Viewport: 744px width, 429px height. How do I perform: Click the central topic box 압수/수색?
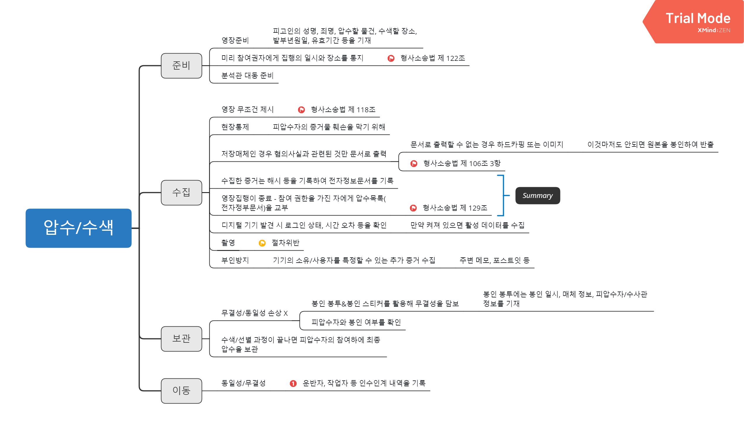(78, 228)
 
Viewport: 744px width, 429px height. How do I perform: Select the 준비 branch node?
(182, 66)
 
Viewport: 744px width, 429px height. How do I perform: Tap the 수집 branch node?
(182, 192)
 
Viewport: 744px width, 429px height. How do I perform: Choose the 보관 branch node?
(182, 339)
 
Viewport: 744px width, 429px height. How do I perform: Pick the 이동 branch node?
(182, 391)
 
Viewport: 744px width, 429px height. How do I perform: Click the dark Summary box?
(538, 196)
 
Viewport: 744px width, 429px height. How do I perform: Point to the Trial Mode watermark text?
(698, 18)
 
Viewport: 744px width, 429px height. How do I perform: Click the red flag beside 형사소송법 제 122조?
(391, 58)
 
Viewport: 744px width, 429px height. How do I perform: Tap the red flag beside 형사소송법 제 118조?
(301, 110)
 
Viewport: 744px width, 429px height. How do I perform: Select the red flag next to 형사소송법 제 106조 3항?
(414, 163)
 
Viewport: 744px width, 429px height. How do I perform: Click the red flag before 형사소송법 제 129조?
(413, 208)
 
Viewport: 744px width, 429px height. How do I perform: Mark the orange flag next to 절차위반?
(262, 243)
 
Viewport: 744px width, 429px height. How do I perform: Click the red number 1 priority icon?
(293, 383)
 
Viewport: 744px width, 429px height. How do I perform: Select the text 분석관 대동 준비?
(247, 76)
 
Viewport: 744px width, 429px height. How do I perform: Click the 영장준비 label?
(235, 40)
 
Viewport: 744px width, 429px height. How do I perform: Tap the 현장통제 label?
(235, 127)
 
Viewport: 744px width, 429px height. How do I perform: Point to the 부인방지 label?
(235, 260)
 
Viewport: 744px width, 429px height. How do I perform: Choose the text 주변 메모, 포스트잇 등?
(495, 260)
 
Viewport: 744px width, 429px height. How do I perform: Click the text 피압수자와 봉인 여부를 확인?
(356, 322)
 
